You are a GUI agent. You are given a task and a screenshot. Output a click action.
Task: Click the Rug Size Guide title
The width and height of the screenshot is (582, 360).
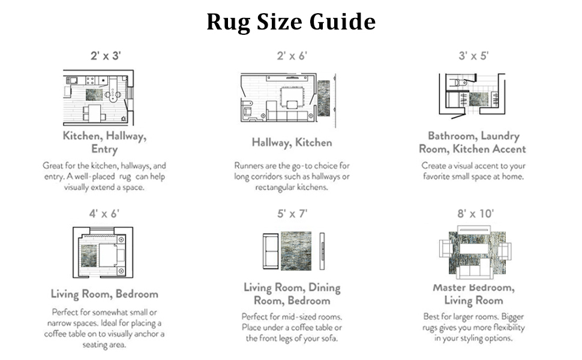[291, 22]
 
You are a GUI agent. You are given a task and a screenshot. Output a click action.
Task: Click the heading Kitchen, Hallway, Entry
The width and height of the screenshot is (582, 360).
[104, 142]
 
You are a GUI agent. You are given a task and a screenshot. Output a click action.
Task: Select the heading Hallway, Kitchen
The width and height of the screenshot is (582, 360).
[292, 143]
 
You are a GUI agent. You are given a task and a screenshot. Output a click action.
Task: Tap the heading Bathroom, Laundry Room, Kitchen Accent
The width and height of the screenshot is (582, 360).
[473, 143]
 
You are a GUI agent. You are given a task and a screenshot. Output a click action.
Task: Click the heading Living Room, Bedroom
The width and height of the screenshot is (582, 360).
[104, 294]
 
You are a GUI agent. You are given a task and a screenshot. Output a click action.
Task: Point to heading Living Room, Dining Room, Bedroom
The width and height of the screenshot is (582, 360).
[292, 294]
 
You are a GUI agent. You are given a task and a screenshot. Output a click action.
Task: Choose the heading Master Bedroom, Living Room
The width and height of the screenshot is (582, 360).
[473, 294]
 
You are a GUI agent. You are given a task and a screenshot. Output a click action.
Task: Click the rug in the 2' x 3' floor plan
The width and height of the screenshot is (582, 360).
[95, 95]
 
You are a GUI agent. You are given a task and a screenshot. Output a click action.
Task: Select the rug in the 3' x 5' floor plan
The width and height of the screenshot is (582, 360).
[479, 98]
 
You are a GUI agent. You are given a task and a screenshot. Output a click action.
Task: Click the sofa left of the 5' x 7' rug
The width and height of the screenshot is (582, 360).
[269, 250]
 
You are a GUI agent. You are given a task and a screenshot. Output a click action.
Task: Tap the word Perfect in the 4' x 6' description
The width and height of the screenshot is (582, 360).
[68, 313]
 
